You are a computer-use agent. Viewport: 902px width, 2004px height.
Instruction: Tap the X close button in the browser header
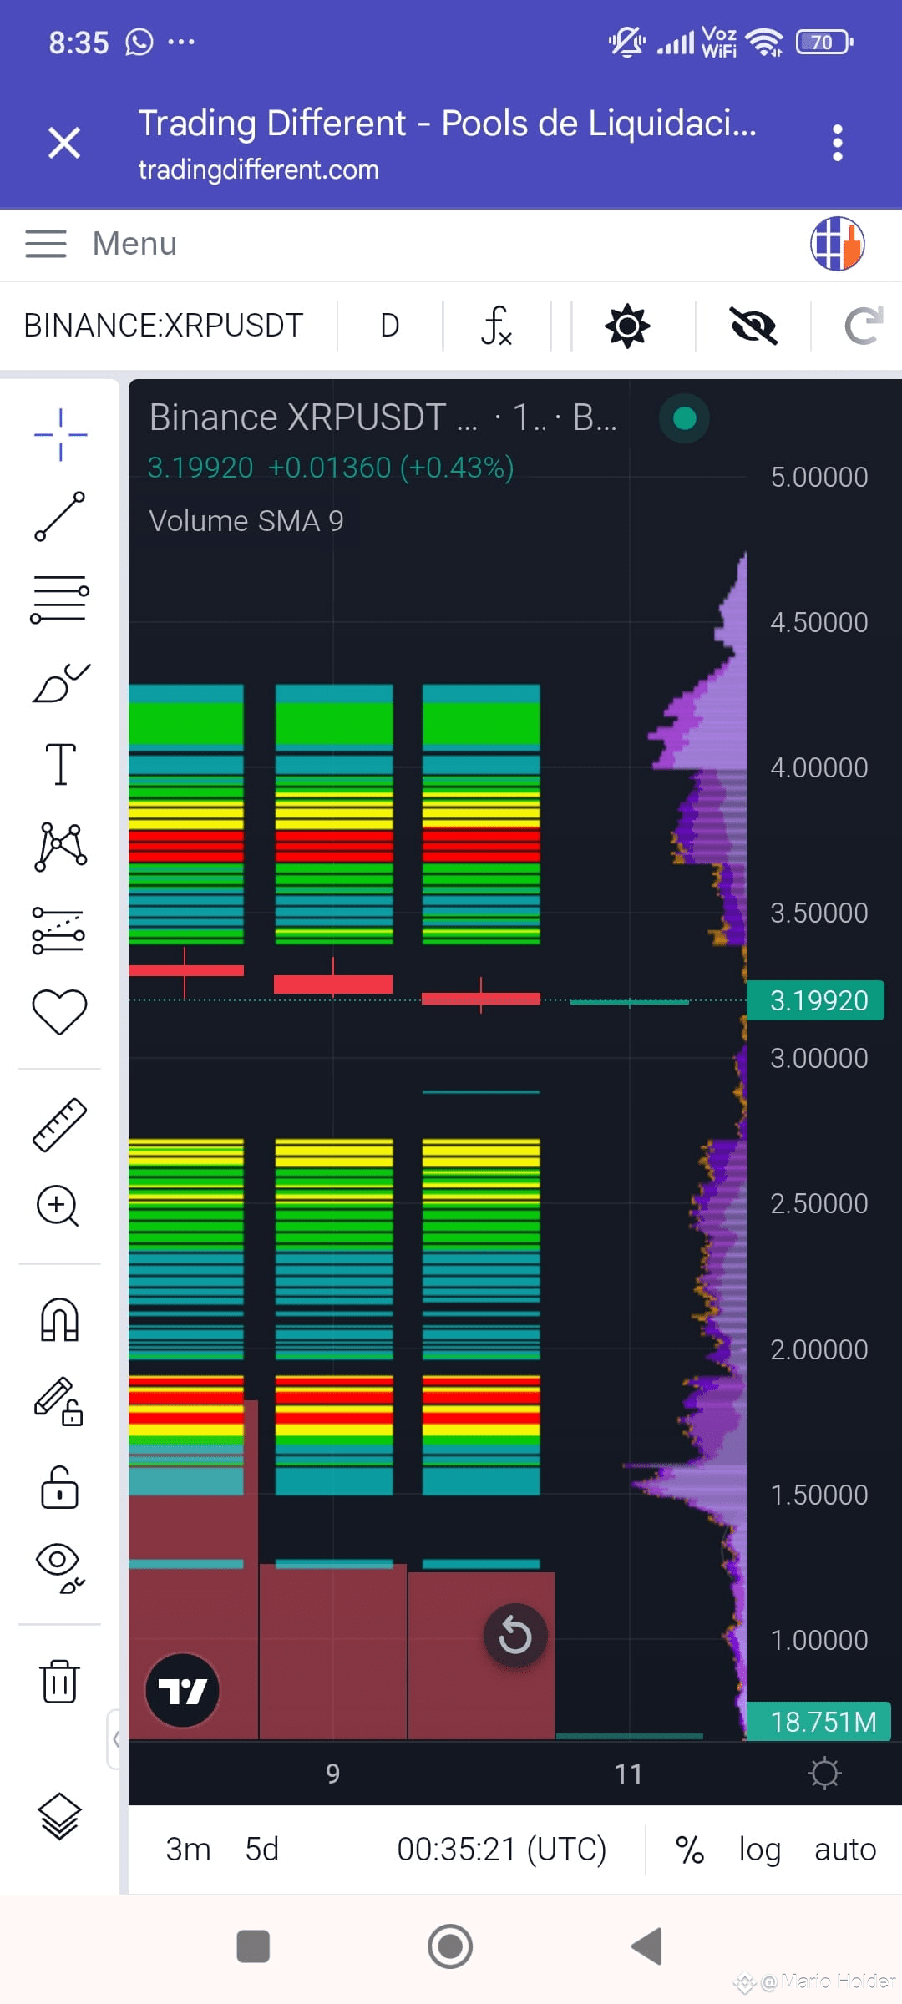click(x=64, y=142)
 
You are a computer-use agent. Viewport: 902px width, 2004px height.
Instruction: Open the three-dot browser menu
click(x=838, y=143)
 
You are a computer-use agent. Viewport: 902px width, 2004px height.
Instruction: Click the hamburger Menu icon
click(x=46, y=243)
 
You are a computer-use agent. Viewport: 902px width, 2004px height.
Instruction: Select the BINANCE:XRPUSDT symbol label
click(x=163, y=325)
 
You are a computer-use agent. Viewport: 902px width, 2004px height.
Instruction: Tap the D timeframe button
click(x=390, y=325)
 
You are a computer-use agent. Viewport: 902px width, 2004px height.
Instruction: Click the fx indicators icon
click(x=496, y=325)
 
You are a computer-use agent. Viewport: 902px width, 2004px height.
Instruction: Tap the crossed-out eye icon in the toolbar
click(x=753, y=326)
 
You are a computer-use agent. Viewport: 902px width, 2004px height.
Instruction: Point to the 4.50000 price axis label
click(x=818, y=622)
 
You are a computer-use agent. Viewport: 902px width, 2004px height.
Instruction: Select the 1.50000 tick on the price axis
click(x=818, y=1495)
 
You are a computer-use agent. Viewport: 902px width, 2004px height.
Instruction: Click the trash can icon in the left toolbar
click(x=60, y=1681)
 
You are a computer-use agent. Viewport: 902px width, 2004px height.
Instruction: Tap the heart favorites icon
click(x=59, y=1012)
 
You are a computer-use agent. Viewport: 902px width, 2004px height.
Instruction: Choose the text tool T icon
click(x=60, y=764)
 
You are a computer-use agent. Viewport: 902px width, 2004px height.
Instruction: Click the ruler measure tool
click(x=60, y=1125)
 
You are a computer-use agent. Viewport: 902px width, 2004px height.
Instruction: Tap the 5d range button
click(x=261, y=1849)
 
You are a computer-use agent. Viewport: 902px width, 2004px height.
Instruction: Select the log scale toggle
click(x=759, y=1850)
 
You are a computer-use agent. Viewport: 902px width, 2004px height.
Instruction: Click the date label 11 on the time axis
click(x=628, y=1774)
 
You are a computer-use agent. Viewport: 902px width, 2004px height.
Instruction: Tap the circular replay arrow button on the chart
click(x=515, y=1635)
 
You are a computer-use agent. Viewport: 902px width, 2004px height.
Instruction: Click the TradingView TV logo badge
click(x=182, y=1691)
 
